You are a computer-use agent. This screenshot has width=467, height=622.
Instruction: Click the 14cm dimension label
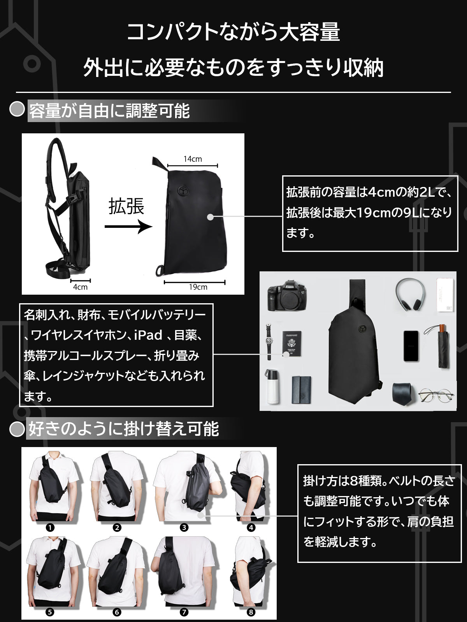click(193, 159)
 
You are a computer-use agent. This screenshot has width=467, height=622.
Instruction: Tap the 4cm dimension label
click(80, 287)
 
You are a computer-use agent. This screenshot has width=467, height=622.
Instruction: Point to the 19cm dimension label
click(198, 287)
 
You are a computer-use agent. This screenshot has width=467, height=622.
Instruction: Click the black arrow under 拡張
click(128, 226)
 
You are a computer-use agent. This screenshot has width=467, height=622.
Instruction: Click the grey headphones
click(410, 295)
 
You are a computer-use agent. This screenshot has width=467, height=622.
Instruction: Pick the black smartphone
click(411, 346)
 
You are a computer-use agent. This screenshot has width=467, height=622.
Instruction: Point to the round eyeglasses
click(436, 395)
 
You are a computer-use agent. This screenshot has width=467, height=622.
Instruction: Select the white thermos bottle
click(272, 386)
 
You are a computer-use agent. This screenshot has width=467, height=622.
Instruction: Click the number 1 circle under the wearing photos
click(50, 528)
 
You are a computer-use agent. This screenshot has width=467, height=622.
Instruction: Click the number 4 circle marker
click(251, 528)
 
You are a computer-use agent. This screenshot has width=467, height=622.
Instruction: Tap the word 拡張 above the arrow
click(126, 206)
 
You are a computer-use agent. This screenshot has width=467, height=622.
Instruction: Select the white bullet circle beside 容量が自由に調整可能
click(17, 109)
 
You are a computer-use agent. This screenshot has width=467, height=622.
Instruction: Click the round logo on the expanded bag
click(183, 191)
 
